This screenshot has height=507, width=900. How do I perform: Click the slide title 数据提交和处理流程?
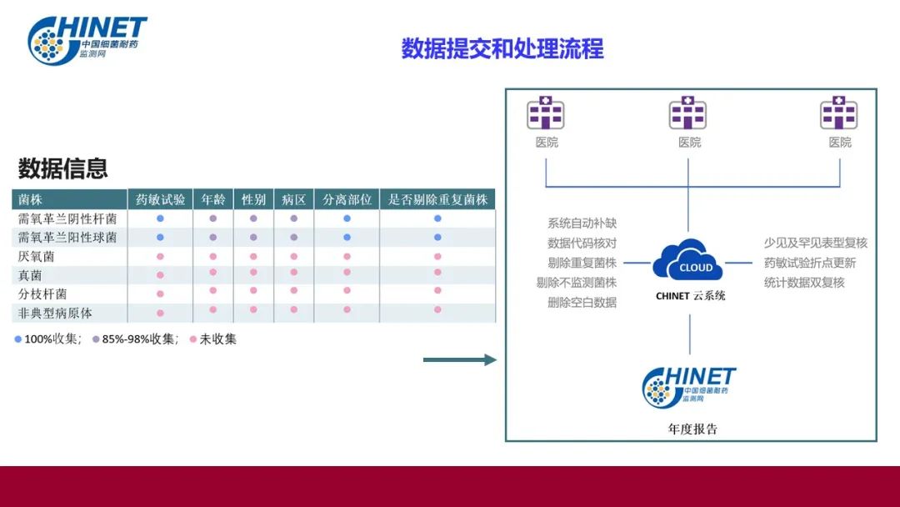pos(502,48)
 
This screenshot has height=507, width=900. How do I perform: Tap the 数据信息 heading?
pos(63,168)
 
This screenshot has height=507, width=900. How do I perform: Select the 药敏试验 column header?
pos(161,200)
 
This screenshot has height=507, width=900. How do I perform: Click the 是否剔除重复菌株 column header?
pos(437,200)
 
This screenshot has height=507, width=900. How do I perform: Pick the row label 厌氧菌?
pos(37,256)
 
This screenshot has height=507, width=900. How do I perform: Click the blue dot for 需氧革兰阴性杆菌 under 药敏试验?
pos(161,218)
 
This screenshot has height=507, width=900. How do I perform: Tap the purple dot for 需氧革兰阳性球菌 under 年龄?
pos(213,238)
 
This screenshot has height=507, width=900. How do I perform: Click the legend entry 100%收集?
pos(51,339)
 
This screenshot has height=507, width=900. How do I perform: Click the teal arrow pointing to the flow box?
pos(459,359)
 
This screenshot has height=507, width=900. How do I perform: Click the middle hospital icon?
pos(688,113)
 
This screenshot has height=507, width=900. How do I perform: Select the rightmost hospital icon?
pos(839,113)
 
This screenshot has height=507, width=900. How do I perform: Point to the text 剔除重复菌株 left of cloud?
pos(582,263)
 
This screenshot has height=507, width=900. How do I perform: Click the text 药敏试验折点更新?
pos(810,263)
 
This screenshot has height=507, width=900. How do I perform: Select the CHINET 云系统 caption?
pos(691,296)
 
